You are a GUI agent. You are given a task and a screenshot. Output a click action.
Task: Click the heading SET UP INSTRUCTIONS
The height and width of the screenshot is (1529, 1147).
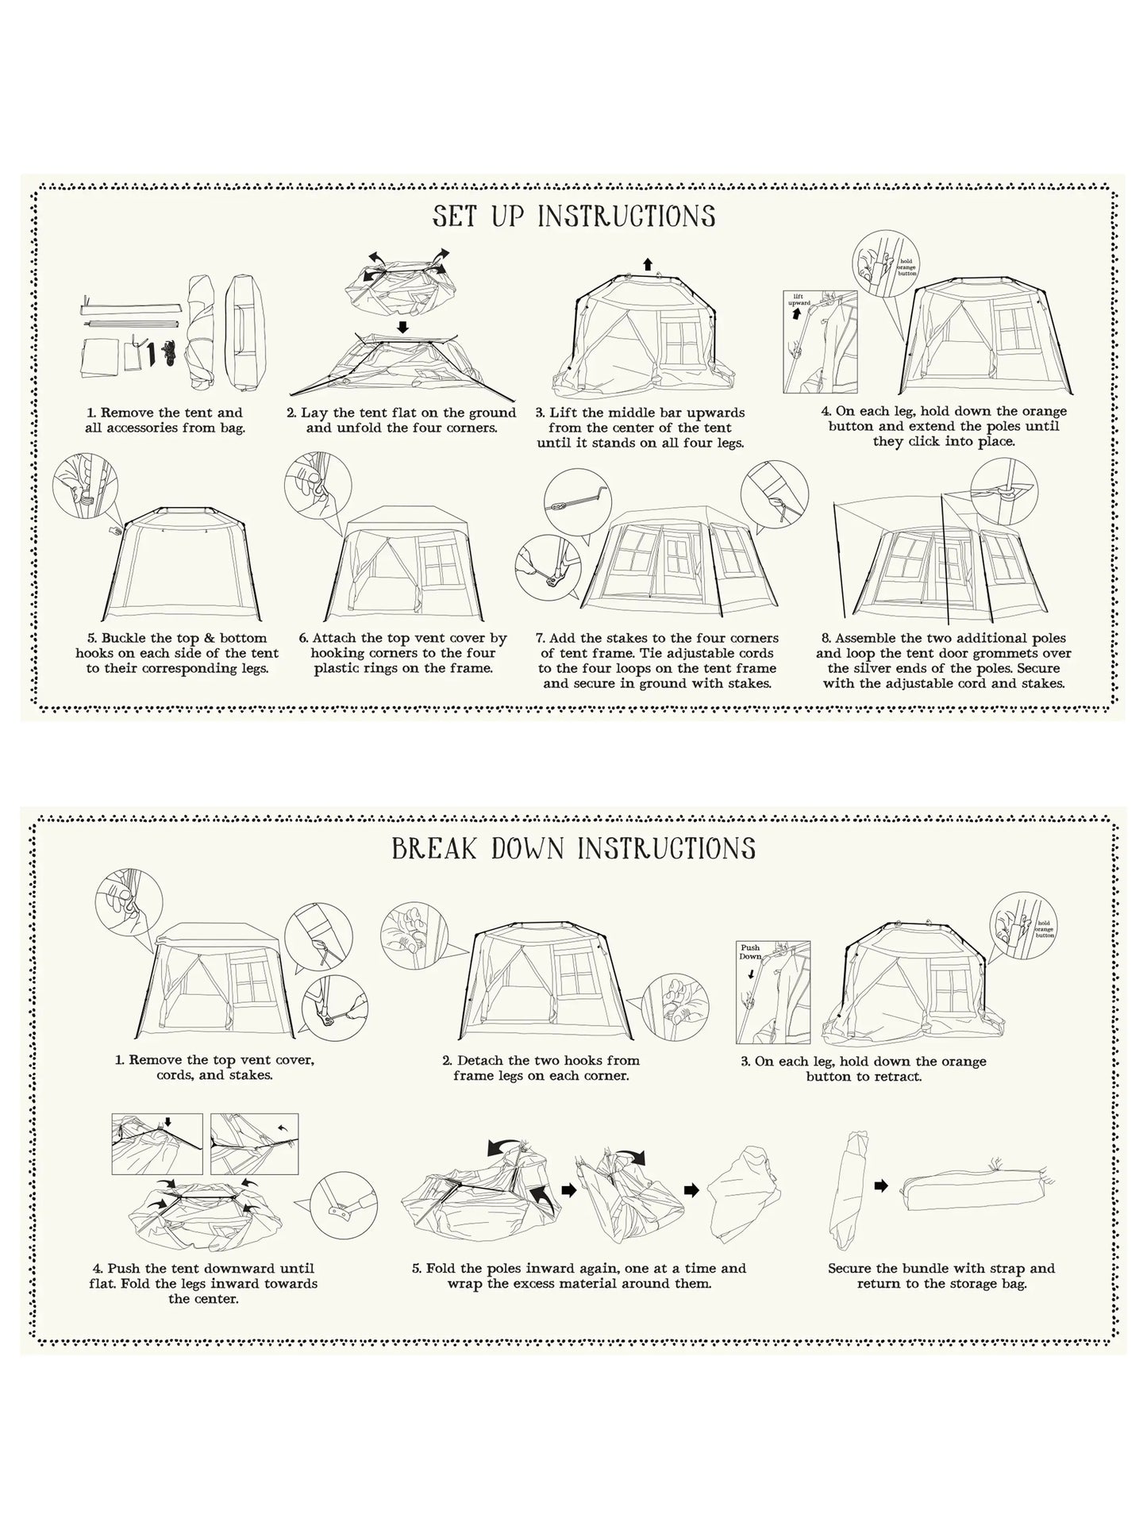click(x=574, y=216)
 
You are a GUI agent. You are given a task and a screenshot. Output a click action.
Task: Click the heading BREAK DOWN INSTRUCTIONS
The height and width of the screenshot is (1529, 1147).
click(x=574, y=848)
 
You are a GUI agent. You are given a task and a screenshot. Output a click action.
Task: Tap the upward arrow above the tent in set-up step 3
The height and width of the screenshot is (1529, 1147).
click(x=648, y=265)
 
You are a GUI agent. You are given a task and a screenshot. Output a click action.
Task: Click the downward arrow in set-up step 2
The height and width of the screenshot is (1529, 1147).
click(x=402, y=326)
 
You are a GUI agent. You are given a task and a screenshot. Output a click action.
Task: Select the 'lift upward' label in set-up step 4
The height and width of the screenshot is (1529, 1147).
click(x=799, y=299)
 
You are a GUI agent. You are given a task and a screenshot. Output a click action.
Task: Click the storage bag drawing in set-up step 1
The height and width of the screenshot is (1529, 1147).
click(x=243, y=332)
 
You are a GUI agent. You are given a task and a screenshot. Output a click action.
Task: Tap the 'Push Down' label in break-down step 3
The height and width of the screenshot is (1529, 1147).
click(x=750, y=951)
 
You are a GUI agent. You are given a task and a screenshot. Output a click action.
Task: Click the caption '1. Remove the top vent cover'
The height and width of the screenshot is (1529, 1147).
click(x=215, y=1060)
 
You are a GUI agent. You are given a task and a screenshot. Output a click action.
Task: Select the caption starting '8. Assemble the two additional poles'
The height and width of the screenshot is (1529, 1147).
click(x=944, y=661)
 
